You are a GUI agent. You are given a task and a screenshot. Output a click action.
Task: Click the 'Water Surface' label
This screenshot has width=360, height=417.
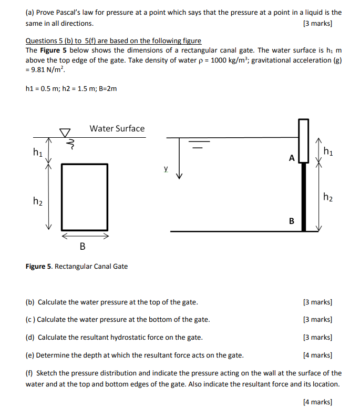pyautogui.click(x=117, y=128)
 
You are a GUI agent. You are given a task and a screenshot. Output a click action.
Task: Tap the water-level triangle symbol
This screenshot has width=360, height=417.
pyautogui.click(x=65, y=132)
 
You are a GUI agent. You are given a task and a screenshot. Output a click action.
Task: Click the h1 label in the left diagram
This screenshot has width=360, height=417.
pyautogui.click(x=37, y=152)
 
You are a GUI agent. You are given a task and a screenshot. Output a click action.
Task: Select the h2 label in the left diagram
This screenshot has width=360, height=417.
pyautogui.click(x=37, y=200)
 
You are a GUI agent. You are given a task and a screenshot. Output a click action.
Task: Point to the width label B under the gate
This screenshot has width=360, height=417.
pyautogui.click(x=83, y=246)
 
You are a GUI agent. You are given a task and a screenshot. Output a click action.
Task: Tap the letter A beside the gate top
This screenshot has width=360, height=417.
pyautogui.click(x=291, y=157)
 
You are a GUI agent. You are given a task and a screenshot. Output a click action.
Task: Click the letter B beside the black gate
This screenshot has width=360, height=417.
pyautogui.click(x=291, y=221)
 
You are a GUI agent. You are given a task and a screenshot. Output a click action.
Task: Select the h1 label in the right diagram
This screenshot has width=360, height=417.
pyautogui.click(x=328, y=152)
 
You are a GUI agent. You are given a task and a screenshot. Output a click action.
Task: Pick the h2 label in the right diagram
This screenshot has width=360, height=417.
pyautogui.click(x=328, y=197)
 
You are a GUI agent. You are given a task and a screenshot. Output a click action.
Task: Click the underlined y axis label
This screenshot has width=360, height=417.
pyautogui.click(x=166, y=169)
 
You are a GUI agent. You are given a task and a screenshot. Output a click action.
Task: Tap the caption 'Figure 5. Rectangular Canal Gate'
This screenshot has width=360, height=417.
pyautogui.click(x=77, y=266)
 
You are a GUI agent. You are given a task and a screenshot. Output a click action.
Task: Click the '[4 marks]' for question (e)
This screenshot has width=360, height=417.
pyautogui.click(x=318, y=355)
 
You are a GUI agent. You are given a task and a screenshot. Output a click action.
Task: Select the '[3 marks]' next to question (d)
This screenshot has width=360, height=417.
pyautogui.click(x=318, y=337)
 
